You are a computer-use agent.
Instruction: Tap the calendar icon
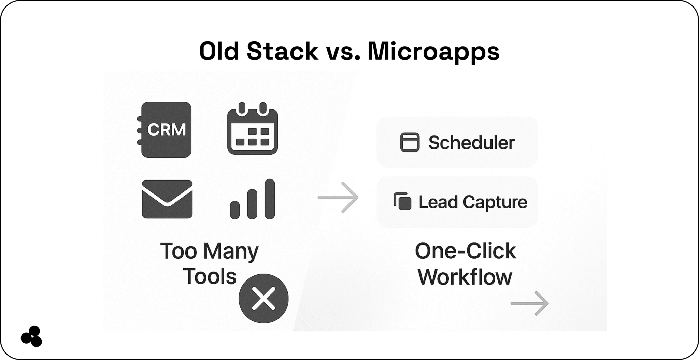click(253, 128)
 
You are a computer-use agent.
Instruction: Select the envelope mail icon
click(167, 199)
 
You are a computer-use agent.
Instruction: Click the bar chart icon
click(253, 199)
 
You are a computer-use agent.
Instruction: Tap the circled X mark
click(263, 299)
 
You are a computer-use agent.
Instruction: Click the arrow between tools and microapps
click(338, 197)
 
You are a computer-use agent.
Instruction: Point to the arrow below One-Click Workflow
click(530, 303)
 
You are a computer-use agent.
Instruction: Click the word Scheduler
click(471, 143)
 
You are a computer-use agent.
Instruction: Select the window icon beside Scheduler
click(410, 142)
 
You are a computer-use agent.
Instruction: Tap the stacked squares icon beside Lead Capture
click(402, 201)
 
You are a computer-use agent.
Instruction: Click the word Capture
click(495, 203)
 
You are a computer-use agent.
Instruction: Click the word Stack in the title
click(282, 52)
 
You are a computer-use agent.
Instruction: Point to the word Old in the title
click(219, 52)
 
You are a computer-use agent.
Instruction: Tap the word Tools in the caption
click(210, 276)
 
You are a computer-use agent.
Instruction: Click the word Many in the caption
click(231, 252)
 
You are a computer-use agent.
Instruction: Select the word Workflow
click(465, 277)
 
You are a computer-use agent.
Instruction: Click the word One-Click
click(466, 251)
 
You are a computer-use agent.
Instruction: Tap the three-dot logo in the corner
click(31, 336)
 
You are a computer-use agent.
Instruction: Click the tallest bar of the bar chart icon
click(270, 199)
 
